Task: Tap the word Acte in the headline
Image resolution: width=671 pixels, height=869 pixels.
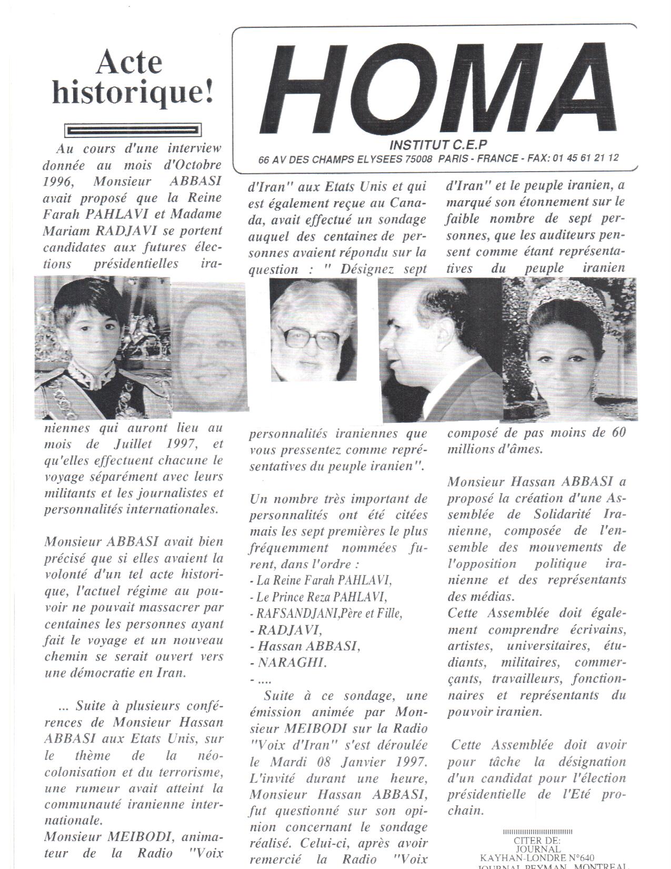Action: click(x=129, y=62)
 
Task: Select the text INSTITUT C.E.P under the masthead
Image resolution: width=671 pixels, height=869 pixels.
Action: click(x=438, y=144)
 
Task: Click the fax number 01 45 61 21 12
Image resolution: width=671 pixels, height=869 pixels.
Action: click(x=586, y=158)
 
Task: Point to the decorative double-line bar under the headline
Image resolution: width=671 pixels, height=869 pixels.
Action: click(x=133, y=130)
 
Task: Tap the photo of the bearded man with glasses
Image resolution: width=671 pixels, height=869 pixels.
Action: click(x=313, y=329)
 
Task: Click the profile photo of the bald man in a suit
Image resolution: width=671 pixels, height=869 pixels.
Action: click(x=440, y=350)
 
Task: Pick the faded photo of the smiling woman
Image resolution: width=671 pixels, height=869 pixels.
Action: click(x=209, y=348)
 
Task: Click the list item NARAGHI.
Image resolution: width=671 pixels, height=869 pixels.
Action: click(x=292, y=663)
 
